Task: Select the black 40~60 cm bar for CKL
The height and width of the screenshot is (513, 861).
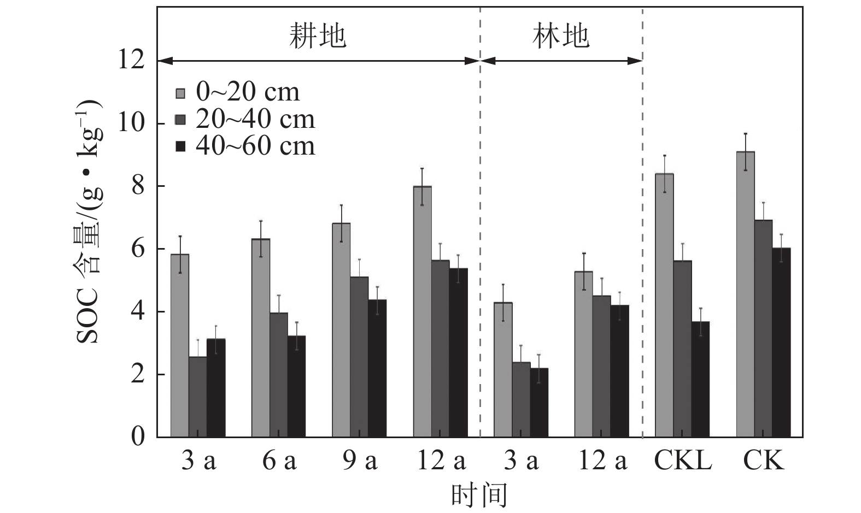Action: [700, 379]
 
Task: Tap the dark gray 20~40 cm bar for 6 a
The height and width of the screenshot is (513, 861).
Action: [278, 375]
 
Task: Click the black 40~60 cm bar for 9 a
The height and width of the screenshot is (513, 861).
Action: [377, 368]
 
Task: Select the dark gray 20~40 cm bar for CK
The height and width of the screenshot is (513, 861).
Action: [763, 328]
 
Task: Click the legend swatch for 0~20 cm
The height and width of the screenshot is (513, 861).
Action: [181, 93]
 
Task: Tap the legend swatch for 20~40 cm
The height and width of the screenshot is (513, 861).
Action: [181, 120]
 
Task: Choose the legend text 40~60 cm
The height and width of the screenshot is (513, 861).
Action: [255, 146]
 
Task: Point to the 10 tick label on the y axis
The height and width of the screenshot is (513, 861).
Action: [132, 123]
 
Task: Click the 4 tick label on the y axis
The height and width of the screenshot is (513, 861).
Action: [138, 311]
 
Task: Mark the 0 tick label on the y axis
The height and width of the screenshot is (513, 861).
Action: [138, 437]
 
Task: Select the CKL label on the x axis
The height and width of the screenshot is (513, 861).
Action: [683, 461]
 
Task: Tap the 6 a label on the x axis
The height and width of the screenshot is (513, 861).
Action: [279, 461]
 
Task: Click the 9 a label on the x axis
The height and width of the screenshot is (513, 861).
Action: [360, 461]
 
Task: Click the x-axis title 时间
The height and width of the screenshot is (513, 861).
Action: [479, 495]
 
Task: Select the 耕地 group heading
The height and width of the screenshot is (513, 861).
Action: [318, 37]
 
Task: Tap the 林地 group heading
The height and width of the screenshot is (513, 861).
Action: [561, 37]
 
